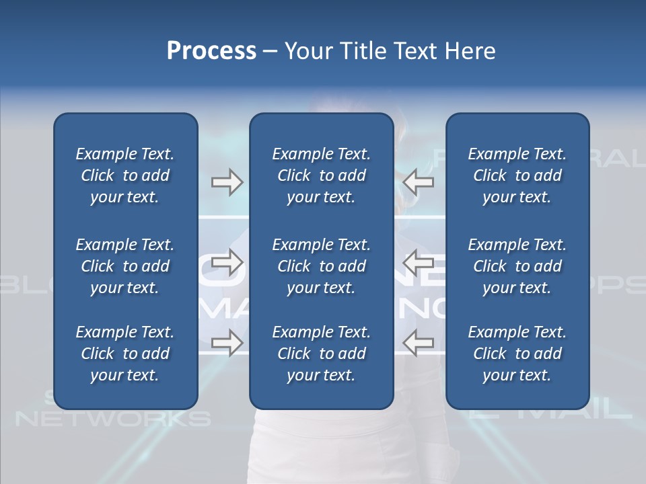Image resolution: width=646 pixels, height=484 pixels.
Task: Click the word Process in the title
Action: point(211,51)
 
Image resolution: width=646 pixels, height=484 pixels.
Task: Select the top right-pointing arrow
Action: point(227,182)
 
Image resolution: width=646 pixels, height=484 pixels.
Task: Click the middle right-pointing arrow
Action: point(227,259)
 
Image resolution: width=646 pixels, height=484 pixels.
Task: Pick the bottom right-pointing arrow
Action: point(227,343)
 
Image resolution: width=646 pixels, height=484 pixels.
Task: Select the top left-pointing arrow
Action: point(418,182)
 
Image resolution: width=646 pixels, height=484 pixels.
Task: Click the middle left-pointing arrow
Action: point(418,259)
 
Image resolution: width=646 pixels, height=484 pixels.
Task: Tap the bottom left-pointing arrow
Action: point(418,343)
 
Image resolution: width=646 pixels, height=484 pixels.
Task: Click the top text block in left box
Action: point(125,175)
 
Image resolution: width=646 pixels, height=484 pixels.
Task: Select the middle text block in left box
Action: point(125,266)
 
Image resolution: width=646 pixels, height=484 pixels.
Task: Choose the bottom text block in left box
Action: point(125,354)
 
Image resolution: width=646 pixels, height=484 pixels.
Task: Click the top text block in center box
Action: point(321,175)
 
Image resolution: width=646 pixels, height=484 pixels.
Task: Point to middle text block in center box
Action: point(321,266)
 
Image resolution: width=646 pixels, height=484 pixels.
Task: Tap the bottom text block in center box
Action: point(321,354)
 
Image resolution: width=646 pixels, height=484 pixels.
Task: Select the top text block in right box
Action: point(517,175)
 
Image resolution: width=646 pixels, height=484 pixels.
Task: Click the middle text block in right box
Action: point(517,266)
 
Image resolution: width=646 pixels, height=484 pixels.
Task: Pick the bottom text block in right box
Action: point(517,354)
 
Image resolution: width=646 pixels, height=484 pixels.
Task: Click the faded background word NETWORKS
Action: point(112,419)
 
